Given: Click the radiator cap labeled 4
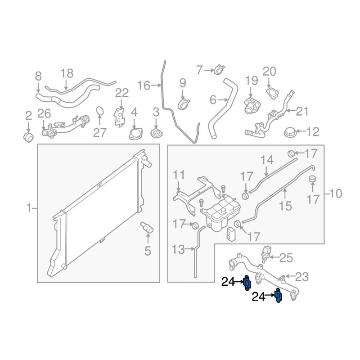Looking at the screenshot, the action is tap(136, 134).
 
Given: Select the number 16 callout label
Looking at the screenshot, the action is tap(144, 85).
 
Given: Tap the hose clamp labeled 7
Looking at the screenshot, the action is tap(219, 70).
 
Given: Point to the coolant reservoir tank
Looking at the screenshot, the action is tap(220, 212).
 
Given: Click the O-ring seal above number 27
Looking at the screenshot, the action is tap(99, 111).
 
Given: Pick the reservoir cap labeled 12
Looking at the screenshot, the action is tap(290, 132).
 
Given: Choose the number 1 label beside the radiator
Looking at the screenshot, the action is tap(29, 208).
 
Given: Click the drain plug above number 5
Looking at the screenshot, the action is tap(147, 227).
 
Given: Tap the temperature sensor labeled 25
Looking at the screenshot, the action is tap(266, 254).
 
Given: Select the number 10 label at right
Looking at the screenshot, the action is tap(336, 194).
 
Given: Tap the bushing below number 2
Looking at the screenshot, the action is tap(28, 137).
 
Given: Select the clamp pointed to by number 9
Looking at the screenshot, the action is tap(184, 103).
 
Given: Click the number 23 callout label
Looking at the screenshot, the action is tap(302, 277).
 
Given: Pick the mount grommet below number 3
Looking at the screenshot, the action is tap(156, 134).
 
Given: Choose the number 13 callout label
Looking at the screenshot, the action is tap(178, 249).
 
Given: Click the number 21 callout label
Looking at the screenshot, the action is tap(302, 111).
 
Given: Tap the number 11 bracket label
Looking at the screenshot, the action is tap(179, 175).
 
